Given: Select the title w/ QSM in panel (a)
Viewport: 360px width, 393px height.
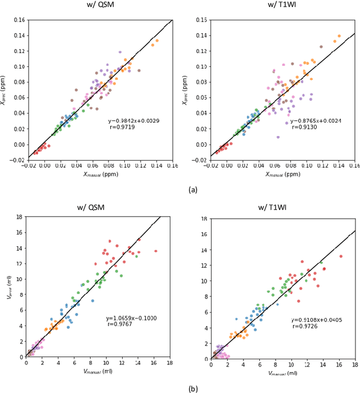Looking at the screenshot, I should [98, 7].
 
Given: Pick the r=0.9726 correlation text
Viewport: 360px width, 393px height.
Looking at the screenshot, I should [304, 326].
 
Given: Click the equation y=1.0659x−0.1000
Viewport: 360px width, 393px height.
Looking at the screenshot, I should [131, 318].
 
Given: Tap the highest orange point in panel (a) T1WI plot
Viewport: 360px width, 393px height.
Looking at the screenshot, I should [339, 36].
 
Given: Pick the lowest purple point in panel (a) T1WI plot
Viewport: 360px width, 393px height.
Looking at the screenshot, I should [278, 137].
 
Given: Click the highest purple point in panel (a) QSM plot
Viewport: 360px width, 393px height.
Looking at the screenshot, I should [120, 52].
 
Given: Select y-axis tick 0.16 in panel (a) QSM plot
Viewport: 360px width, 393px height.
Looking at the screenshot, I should [17, 21].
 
